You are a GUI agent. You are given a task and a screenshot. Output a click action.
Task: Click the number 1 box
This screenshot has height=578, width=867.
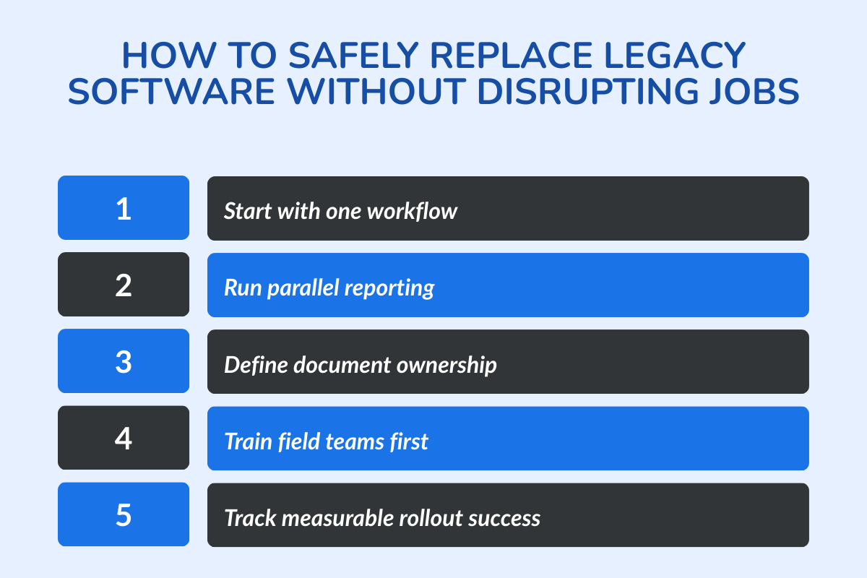pos(124,208)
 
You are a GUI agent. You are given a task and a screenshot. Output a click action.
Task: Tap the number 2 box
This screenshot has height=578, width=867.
pos(124,285)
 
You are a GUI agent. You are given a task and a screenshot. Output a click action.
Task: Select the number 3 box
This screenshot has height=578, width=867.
pos(124,361)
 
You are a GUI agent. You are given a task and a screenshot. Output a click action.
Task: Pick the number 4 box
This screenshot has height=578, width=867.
pos(124,438)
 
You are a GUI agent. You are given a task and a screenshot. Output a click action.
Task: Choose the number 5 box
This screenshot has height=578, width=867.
pos(124,514)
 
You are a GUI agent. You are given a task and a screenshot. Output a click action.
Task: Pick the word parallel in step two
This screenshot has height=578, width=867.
pos(301,288)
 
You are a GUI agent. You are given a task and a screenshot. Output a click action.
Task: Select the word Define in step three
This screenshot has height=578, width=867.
pos(248,365)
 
